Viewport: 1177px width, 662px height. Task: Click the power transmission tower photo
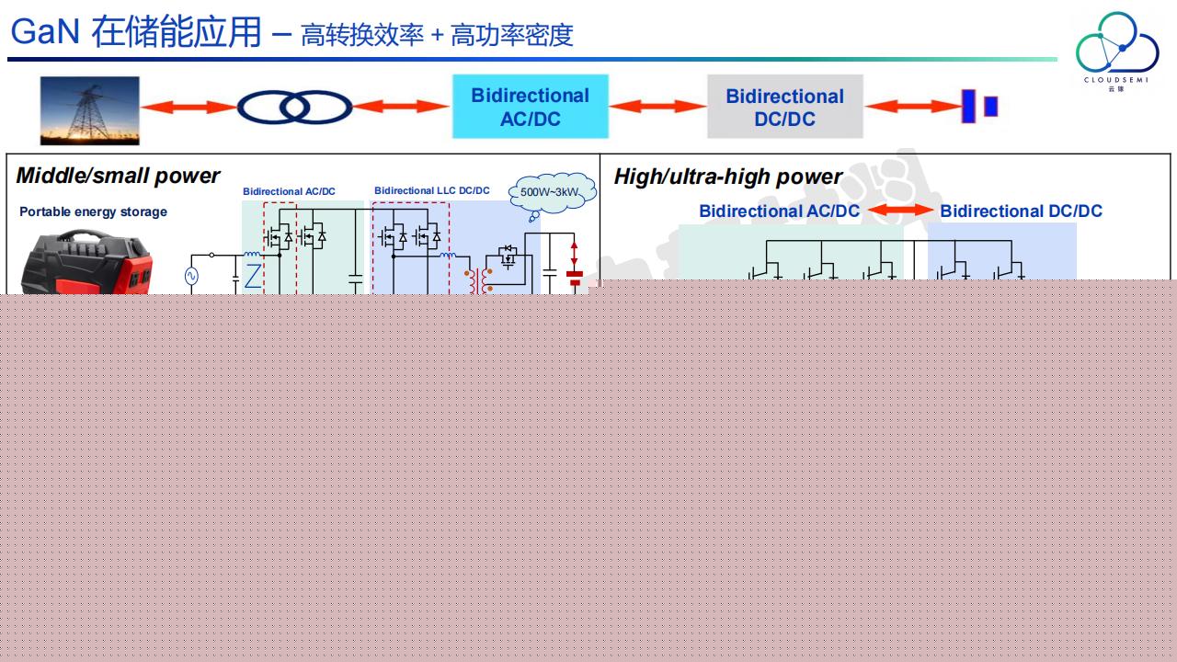pyautogui.click(x=89, y=110)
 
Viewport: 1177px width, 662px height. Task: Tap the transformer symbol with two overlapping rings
pyautogui.click(x=294, y=108)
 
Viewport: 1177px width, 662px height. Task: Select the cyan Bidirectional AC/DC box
pyautogui.click(x=530, y=107)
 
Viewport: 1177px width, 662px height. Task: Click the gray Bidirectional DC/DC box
pyautogui.click(x=784, y=108)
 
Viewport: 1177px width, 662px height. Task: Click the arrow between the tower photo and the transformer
pyautogui.click(x=189, y=108)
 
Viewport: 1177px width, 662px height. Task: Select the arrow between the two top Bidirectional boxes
pyautogui.click(x=657, y=108)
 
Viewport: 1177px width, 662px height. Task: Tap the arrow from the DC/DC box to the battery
pyautogui.click(x=912, y=107)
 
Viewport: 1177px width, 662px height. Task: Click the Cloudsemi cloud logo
pyautogui.click(x=1116, y=50)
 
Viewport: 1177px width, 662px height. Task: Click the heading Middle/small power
pyautogui.click(x=118, y=176)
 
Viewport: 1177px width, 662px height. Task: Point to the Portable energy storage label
pyautogui.click(x=93, y=211)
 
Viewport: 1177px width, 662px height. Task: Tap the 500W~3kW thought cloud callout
pyautogui.click(x=552, y=192)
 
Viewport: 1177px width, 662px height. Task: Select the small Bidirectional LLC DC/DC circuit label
pyautogui.click(x=431, y=191)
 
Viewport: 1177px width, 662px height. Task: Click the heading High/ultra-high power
pyautogui.click(x=727, y=177)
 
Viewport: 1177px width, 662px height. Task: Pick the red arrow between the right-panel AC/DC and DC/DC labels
pyautogui.click(x=899, y=211)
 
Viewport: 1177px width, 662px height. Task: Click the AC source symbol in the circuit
pyautogui.click(x=192, y=275)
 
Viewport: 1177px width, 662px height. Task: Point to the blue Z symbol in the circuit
pyautogui.click(x=252, y=275)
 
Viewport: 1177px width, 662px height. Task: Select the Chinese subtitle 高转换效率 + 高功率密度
pyautogui.click(x=437, y=35)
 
